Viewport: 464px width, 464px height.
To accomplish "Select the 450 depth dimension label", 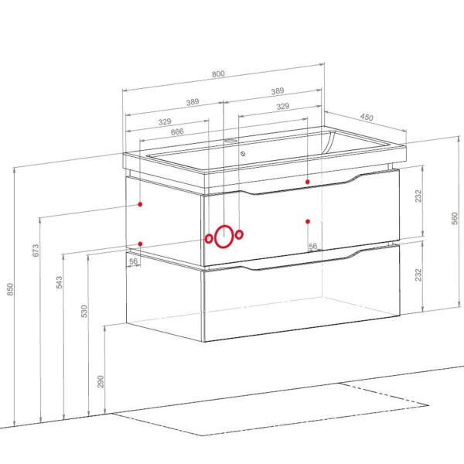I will point(367,118).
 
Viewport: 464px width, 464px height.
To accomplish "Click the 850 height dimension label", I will point(10,288).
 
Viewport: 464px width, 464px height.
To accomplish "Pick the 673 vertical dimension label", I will point(36,251).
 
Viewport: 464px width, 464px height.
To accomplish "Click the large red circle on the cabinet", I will point(224,237).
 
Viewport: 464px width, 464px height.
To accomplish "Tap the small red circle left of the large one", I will point(209,239).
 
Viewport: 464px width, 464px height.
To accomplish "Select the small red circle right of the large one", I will point(240,234).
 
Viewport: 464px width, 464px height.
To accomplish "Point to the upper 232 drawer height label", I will point(418,196).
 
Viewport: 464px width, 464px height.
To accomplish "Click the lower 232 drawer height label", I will point(418,275).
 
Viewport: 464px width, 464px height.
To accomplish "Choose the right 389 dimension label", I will point(277,91).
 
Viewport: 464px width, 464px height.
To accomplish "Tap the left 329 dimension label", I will point(165,122).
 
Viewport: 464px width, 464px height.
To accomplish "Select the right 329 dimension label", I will point(283,107).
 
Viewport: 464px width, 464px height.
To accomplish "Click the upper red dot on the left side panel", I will point(140,204).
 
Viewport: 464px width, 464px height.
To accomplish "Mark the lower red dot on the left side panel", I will point(140,244).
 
